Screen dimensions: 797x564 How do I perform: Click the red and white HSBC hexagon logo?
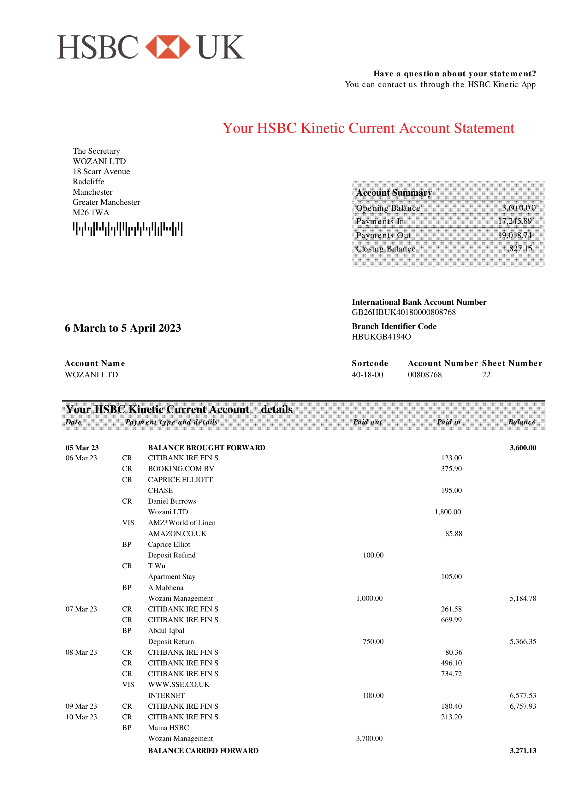(x=168, y=47)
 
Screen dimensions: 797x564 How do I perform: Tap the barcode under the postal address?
(x=128, y=229)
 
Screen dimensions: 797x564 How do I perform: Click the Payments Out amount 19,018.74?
(x=515, y=235)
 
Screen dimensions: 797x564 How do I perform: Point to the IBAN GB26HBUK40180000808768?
(x=404, y=312)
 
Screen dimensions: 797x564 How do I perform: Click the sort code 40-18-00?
(x=367, y=375)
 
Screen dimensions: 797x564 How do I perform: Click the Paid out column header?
(x=367, y=422)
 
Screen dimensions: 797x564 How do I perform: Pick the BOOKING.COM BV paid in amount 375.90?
(x=451, y=469)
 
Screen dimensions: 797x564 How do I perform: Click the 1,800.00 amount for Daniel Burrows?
(x=448, y=512)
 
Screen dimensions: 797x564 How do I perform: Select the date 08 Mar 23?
(x=81, y=652)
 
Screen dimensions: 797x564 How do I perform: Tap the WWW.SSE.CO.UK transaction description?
(x=179, y=685)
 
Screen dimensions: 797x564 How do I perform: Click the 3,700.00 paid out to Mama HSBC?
(x=369, y=738)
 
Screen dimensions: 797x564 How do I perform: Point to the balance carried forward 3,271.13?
(x=523, y=751)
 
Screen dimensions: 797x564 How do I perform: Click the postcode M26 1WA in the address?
(x=91, y=212)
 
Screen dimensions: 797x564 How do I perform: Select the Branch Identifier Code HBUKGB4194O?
(x=381, y=337)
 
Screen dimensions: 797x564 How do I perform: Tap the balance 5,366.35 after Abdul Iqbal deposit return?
(x=523, y=641)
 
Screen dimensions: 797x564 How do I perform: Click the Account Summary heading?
(x=394, y=193)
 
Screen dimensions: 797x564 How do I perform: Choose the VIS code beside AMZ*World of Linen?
(x=128, y=522)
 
